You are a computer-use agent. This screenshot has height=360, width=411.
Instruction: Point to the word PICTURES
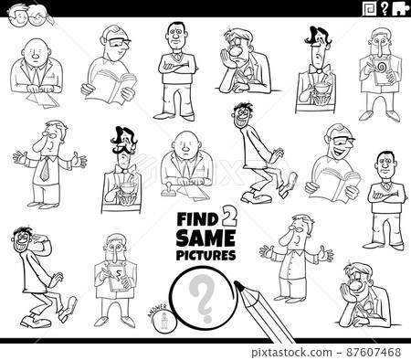click(205, 255)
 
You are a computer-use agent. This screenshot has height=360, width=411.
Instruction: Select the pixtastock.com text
click(302, 351)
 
